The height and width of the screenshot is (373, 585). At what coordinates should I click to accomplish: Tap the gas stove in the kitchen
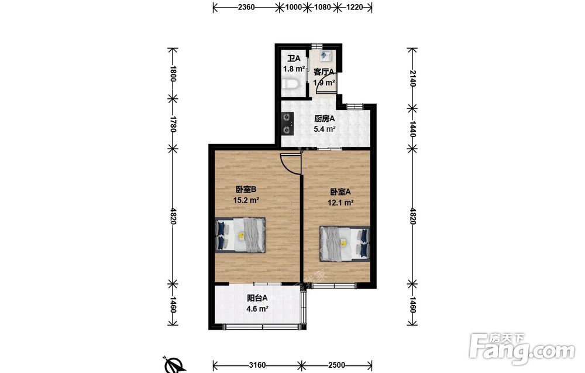287,124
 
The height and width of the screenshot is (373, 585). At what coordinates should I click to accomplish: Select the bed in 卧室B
240,235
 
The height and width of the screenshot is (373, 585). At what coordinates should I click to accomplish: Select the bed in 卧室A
345,243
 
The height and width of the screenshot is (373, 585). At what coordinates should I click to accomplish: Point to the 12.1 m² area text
340,203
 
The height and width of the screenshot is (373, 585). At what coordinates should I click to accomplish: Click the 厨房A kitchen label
325,119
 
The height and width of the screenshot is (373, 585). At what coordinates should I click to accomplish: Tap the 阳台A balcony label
257,298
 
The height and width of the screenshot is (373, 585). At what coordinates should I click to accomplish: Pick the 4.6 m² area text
257,309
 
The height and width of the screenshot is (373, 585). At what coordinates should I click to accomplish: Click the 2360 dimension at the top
246,6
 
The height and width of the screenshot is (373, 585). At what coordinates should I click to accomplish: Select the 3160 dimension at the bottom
257,365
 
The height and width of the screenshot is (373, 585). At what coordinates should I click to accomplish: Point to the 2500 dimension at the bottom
336,365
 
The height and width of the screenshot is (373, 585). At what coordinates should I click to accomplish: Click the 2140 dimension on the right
412,78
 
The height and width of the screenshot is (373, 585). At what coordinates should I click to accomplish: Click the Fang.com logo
522,349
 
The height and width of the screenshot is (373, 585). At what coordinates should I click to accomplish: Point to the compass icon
174,365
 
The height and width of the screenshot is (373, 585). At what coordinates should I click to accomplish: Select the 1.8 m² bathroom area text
294,69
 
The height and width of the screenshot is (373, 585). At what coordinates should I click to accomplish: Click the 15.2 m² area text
246,200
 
